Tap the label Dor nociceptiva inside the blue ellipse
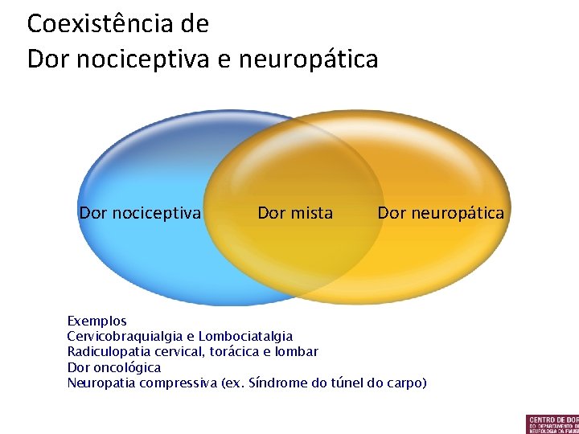pyautogui.click(x=140, y=213)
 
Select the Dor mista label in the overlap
pyautogui.click(x=295, y=213)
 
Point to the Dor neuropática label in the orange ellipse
pyautogui.click(x=441, y=213)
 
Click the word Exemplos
pyautogui.click(x=96, y=321)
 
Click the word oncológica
pyautogui.click(x=126, y=367)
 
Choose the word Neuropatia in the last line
pyautogui.click(x=101, y=383)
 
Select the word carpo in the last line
pyautogui.click(x=405, y=383)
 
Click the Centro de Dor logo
pyautogui.click(x=552, y=424)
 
